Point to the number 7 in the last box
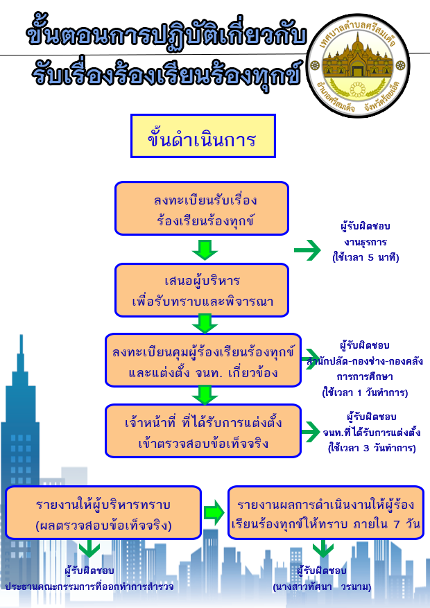click(x=395, y=524)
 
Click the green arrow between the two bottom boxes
click(x=214, y=513)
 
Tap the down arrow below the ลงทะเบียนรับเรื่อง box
click(x=205, y=250)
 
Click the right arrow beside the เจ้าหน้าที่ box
click(x=311, y=431)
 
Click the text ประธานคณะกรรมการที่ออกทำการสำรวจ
click(x=89, y=587)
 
